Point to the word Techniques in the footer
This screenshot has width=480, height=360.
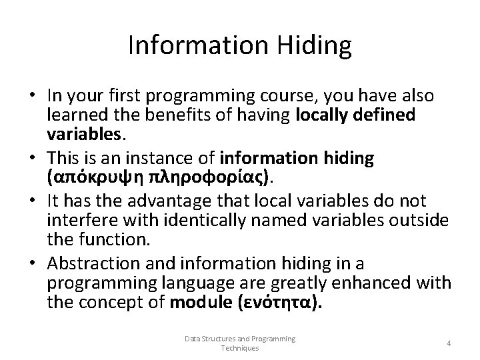[239, 348]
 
